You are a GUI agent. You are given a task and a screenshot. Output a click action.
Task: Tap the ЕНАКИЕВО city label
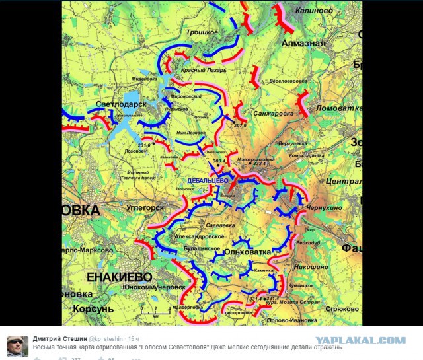(118, 275)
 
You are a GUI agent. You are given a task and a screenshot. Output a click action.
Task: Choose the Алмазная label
(301, 43)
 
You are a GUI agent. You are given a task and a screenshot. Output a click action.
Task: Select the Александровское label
(201, 235)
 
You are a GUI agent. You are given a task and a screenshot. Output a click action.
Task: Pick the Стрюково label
(342, 308)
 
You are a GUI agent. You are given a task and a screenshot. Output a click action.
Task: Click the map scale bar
(153, 308)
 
